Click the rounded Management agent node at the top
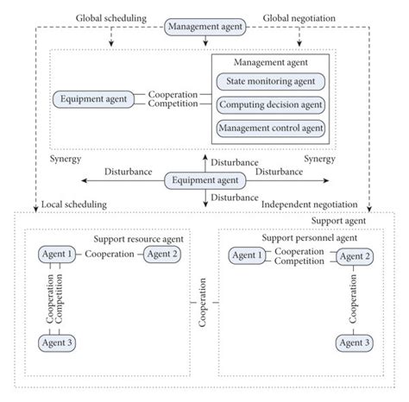click(204, 28)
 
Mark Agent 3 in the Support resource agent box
click(57, 342)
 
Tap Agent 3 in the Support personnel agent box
click(356, 343)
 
